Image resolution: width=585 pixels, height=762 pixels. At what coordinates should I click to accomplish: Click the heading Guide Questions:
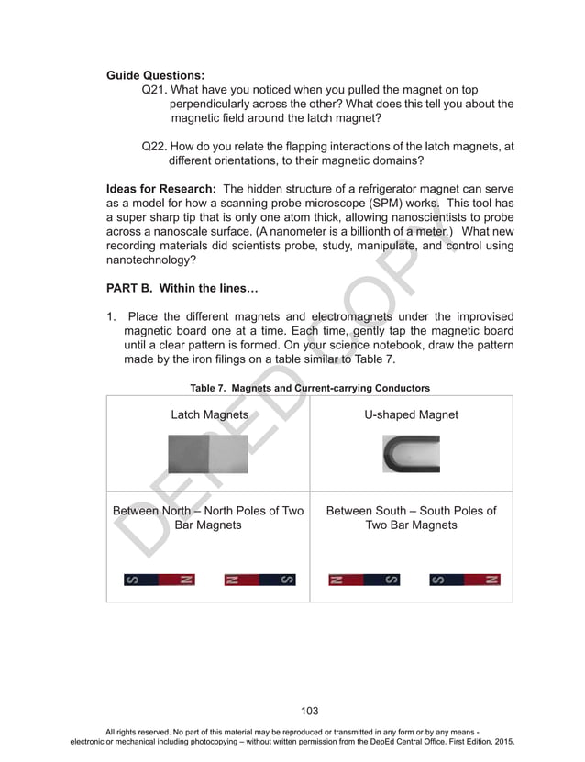point(156,75)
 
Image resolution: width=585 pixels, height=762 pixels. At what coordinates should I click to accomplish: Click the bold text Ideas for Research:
point(161,189)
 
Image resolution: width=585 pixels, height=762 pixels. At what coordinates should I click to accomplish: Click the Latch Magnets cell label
point(209,415)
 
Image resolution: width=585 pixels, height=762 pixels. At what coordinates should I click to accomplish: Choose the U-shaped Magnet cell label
point(411,415)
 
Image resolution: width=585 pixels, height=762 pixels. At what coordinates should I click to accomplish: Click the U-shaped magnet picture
point(411,454)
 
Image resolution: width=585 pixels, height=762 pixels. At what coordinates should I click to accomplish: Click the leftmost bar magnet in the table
point(160,580)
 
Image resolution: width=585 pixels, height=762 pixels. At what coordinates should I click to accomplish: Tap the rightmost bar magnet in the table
point(464,580)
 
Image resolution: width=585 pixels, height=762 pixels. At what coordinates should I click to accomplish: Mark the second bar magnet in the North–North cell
point(260,580)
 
